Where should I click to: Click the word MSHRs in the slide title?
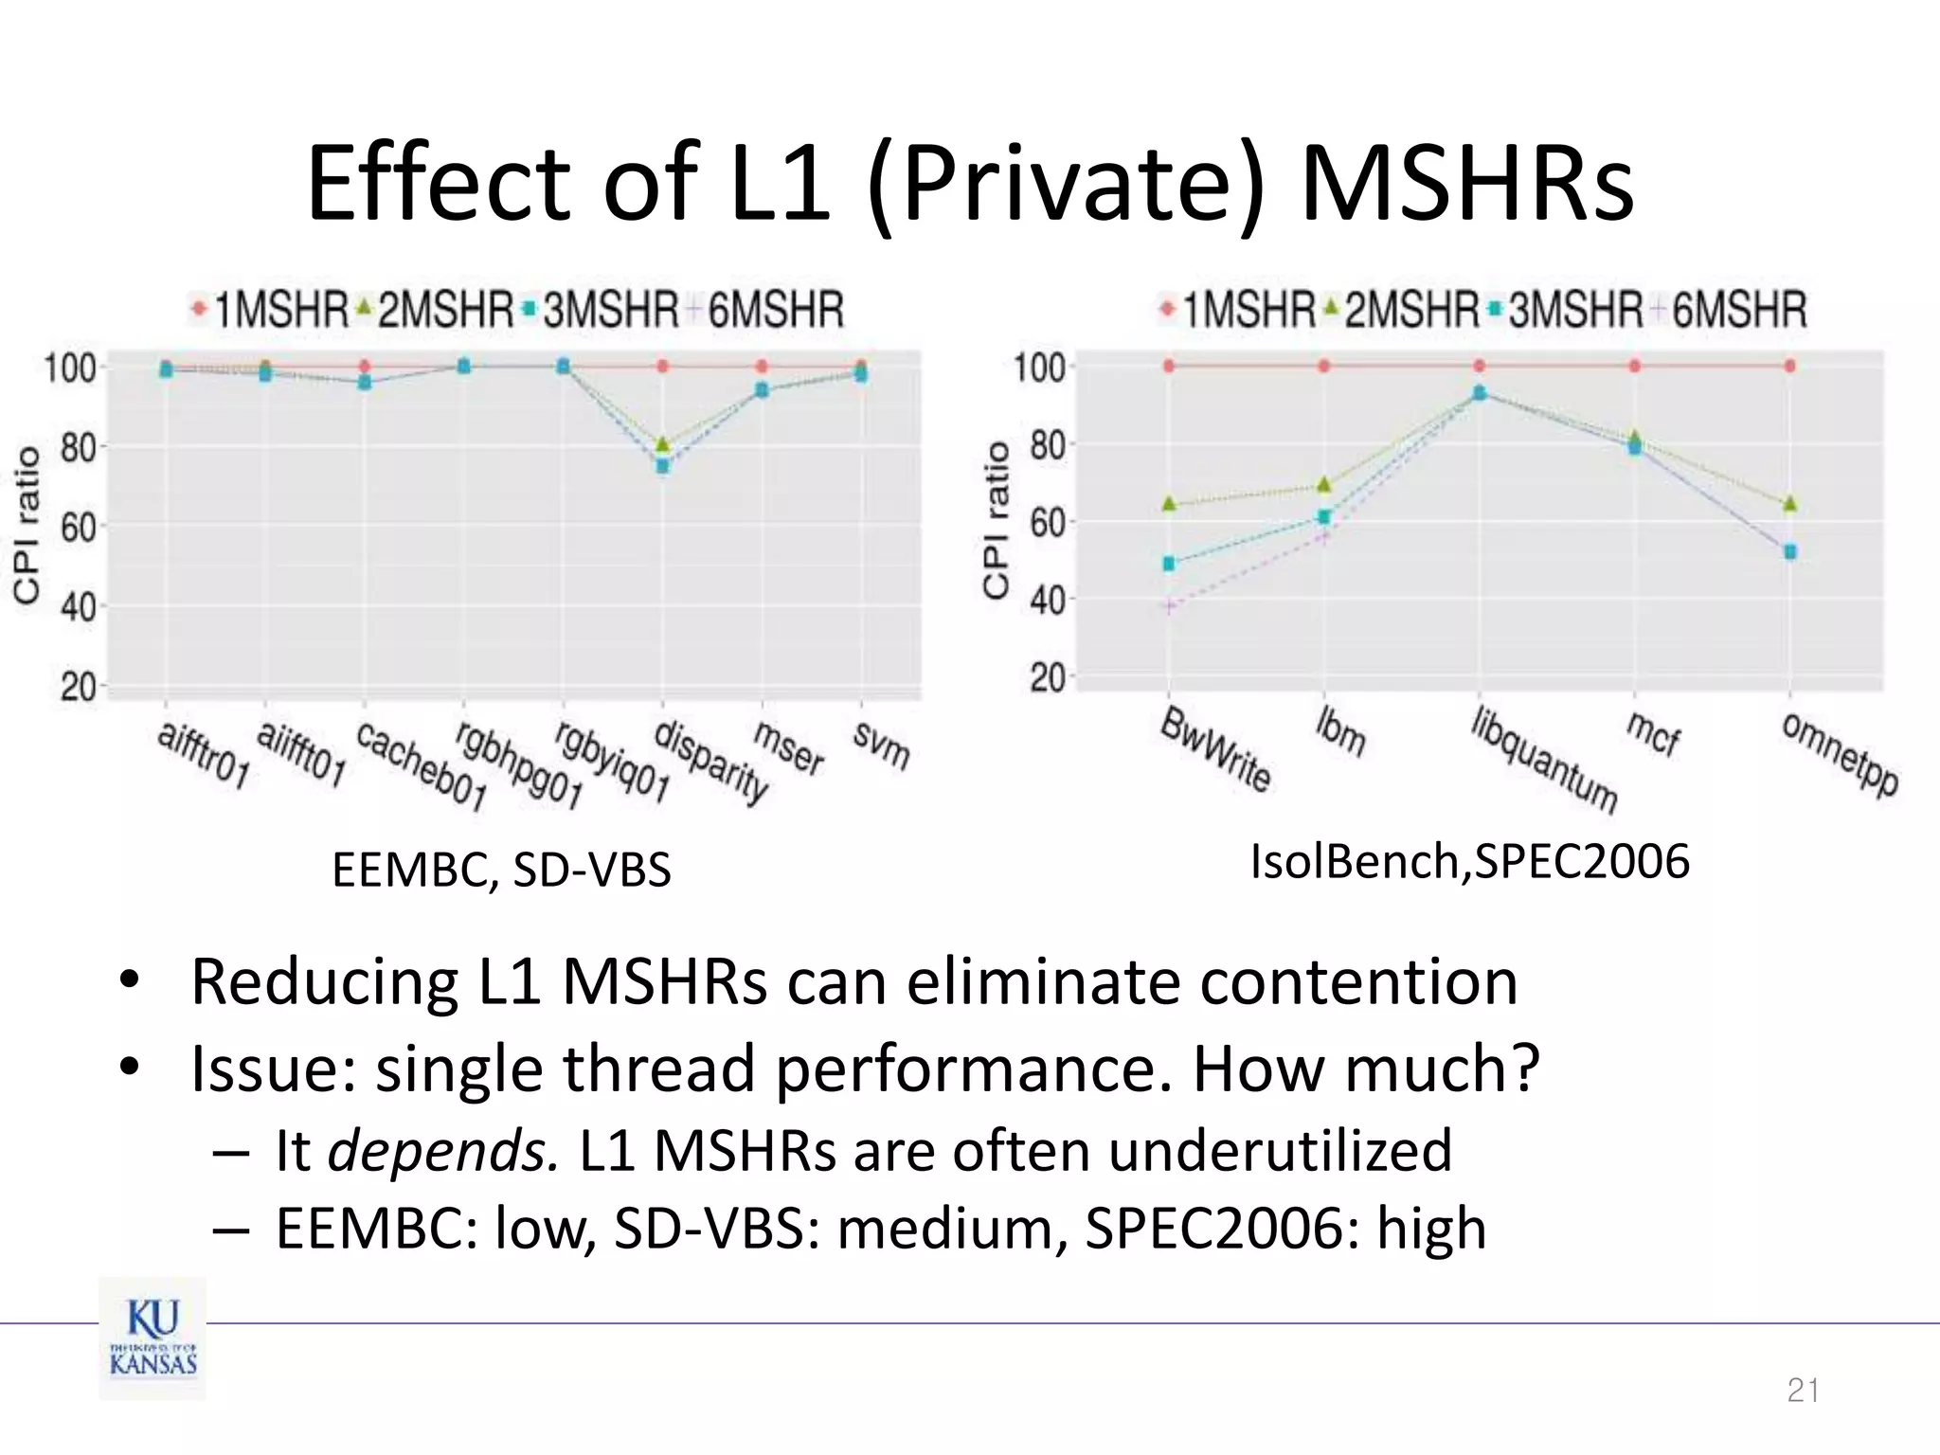(1466, 184)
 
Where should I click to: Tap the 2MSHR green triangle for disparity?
(663, 443)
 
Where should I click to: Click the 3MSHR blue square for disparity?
(663, 465)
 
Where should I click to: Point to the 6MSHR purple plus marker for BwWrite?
(1170, 606)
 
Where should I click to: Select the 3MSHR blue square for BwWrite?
(1169, 564)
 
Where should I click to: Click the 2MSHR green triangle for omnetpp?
(1789, 503)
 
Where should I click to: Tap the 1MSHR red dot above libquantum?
(1480, 366)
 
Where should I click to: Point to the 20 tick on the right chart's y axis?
(1047, 678)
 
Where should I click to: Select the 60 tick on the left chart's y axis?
(78, 527)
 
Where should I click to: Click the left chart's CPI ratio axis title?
(27, 524)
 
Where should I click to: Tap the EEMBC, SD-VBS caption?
(501, 870)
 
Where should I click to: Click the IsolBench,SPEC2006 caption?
(1469, 861)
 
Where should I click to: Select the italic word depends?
(442, 1151)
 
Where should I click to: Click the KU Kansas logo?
(153, 1338)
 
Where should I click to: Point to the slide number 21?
(1802, 1391)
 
